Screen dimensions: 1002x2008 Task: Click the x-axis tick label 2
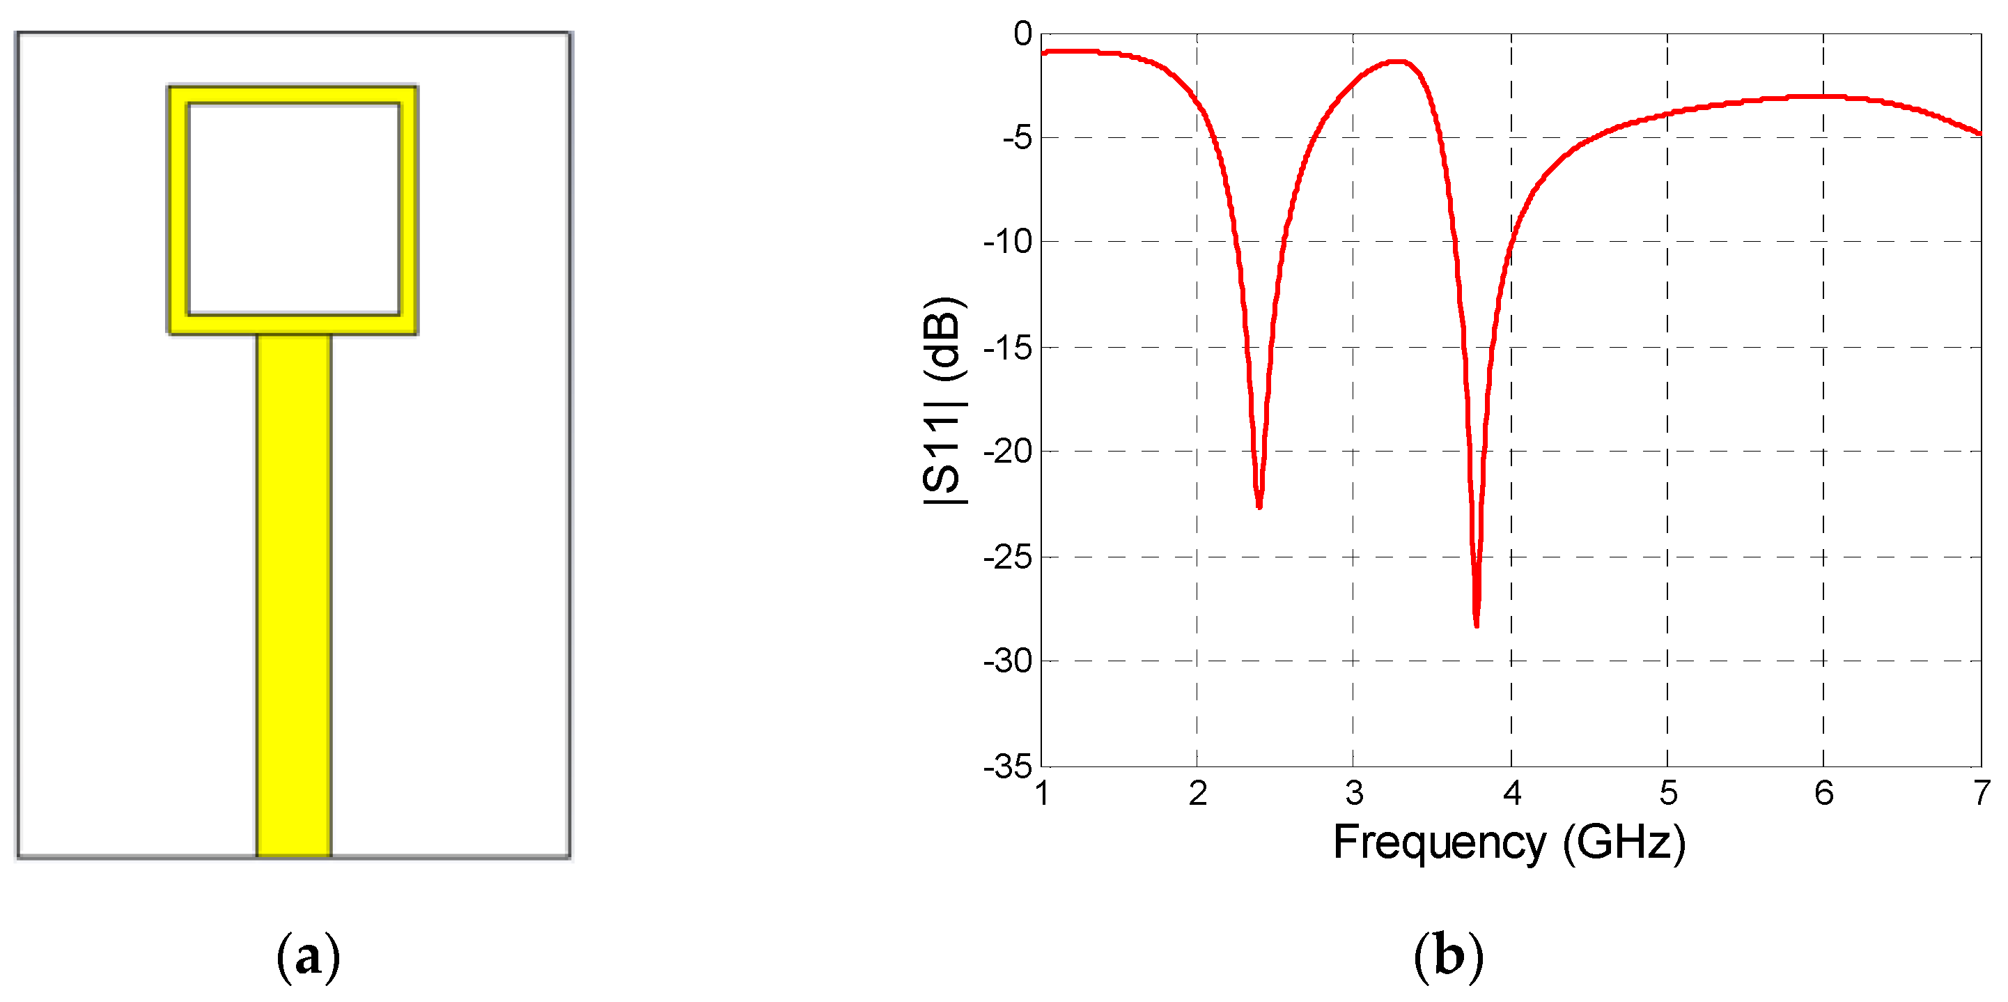point(1198,793)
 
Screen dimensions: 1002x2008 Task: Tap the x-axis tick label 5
point(1668,793)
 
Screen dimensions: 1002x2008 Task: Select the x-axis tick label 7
point(1982,793)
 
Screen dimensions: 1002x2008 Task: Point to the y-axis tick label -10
point(1007,242)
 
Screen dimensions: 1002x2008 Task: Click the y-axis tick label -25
point(1007,557)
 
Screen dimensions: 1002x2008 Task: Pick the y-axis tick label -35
point(1007,766)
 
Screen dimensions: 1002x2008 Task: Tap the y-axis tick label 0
point(1022,33)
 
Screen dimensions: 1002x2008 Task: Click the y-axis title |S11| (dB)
point(944,401)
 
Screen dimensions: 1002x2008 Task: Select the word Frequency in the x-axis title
point(1439,843)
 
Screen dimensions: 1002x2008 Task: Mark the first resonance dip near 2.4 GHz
point(1259,505)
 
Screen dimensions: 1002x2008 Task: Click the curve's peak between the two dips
point(1399,61)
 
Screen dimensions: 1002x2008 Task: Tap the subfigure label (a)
point(309,956)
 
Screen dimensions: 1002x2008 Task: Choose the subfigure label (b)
point(1448,956)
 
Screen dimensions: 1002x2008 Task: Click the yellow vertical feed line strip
point(294,592)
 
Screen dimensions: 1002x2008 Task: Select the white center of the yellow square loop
point(294,209)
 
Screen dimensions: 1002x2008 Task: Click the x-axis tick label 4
point(1512,793)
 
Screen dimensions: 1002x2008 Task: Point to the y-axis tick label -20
point(1007,452)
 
